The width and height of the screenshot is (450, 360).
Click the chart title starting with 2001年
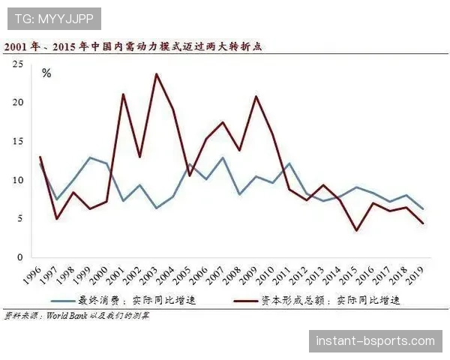point(136,46)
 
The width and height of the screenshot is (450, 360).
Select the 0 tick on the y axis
point(20,257)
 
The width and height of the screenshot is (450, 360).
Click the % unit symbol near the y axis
point(46,73)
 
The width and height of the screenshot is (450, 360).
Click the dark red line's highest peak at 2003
point(157,73)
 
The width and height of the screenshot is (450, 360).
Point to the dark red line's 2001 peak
point(123,94)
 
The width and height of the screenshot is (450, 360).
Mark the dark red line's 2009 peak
point(256,96)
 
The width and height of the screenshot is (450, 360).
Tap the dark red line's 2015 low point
point(356,230)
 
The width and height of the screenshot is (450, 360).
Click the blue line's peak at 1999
point(90,157)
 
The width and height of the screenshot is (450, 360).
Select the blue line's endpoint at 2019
point(423,208)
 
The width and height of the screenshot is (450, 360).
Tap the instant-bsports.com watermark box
point(375,341)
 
